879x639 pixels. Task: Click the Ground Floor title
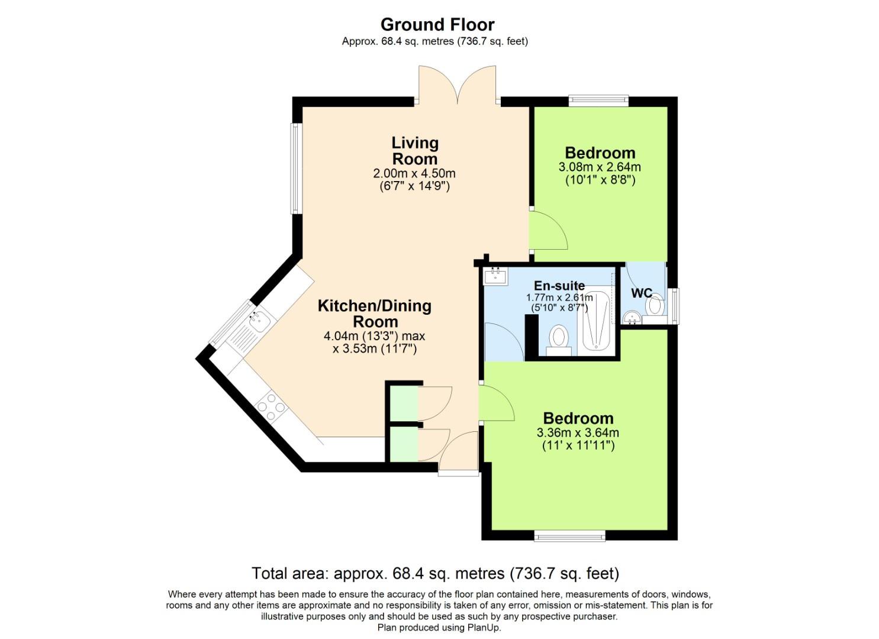(x=437, y=24)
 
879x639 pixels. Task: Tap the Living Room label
(x=415, y=151)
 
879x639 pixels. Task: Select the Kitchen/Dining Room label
(x=375, y=314)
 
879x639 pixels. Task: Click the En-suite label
(x=559, y=286)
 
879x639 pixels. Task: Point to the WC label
(x=641, y=293)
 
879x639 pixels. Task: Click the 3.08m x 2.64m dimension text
(x=600, y=167)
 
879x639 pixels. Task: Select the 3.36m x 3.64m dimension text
(x=578, y=433)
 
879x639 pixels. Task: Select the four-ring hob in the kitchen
(x=271, y=407)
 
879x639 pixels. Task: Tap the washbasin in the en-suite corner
(x=495, y=276)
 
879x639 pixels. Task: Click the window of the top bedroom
(x=598, y=101)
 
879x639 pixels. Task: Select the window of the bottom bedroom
(x=569, y=536)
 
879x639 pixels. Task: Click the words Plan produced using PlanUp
(x=439, y=628)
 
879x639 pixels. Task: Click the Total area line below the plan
(x=435, y=573)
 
